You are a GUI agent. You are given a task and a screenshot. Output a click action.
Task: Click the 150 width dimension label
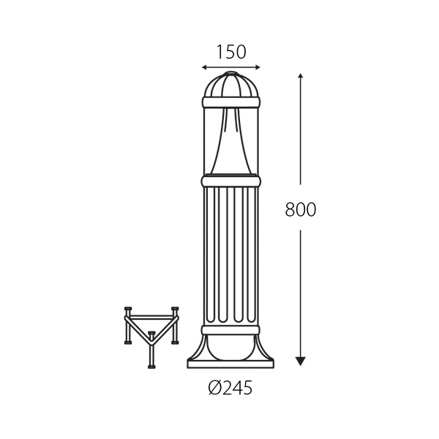(x=231, y=52)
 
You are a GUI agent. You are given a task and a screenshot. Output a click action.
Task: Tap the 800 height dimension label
(x=301, y=209)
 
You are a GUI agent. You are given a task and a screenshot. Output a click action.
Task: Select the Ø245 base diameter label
(x=230, y=388)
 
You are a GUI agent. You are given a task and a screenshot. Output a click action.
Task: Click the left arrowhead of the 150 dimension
(x=204, y=67)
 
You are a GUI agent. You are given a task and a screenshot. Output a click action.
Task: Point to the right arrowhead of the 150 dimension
(x=258, y=67)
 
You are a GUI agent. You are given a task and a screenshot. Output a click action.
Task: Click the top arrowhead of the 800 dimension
(x=301, y=75)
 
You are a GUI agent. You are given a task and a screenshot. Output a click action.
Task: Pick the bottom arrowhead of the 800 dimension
(x=301, y=361)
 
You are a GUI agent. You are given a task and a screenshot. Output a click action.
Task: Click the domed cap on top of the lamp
(x=231, y=85)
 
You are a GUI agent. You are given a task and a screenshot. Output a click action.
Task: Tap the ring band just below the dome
(x=231, y=102)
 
